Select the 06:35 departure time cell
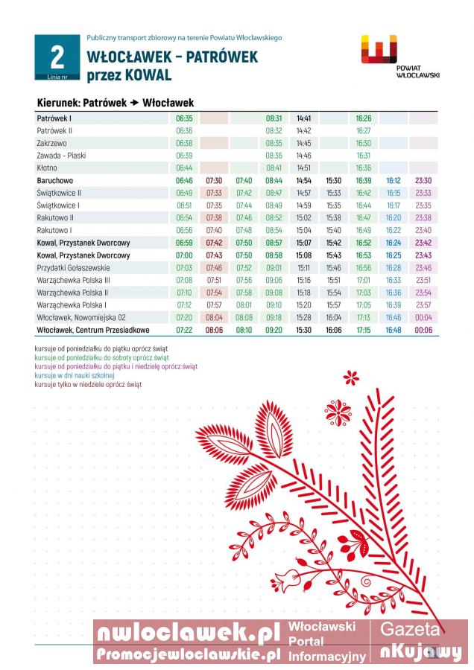point(184,118)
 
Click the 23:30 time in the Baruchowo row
point(423,181)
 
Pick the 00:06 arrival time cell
point(423,330)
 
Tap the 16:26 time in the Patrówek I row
point(364,118)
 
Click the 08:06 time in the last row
point(214,330)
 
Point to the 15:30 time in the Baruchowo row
point(333,181)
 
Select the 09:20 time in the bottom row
point(274,330)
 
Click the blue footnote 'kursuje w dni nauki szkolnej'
point(75,376)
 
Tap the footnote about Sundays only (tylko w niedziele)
point(88,385)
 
